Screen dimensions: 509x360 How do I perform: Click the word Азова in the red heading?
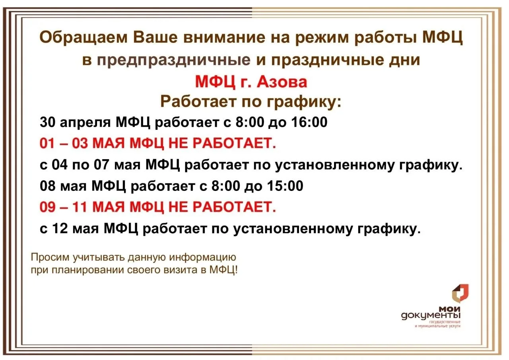(x=282, y=82)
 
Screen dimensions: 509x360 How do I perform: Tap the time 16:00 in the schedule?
(x=309, y=122)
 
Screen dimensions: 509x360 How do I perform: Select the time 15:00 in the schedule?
(x=285, y=186)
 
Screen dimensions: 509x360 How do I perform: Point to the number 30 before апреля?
(x=47, y=122)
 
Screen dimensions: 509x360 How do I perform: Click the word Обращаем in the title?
(x=84, y=38)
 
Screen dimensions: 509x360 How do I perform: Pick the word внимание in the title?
(x=224, y=37)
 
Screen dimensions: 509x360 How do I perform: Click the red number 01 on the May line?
(x=47, y=144)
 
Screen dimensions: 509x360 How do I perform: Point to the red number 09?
(x=47, y=207)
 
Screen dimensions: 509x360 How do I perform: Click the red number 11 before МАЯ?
(x=80, y=207)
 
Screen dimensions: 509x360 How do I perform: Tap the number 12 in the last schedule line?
(x=60, y=228)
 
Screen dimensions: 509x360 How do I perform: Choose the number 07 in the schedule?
(x=101, y=165)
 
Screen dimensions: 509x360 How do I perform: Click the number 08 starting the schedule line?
(x=47, y=186)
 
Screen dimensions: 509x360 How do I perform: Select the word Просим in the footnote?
(x=50, y=257)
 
